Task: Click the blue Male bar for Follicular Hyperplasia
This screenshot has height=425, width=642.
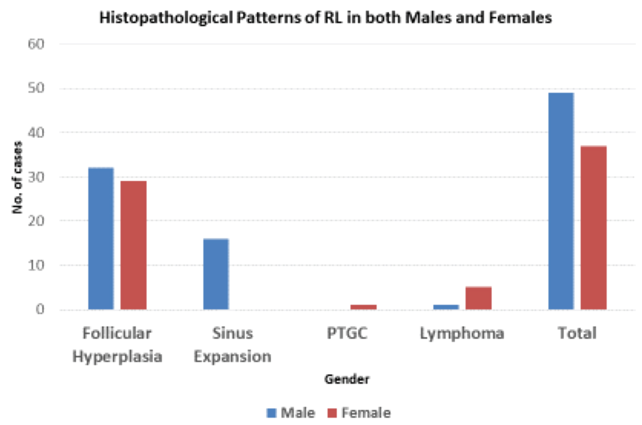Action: pyautogui.click(x=101, y=238)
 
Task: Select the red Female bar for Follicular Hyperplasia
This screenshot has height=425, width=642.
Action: pyautogui.click(x=133, y=245)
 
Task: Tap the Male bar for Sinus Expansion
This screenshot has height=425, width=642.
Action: pyautogui.click(x=216, y=274)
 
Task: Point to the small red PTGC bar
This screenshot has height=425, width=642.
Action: pyautogui.click(x=363, y=307)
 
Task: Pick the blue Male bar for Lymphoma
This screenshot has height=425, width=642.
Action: pyautogui.click(x=446, y=307)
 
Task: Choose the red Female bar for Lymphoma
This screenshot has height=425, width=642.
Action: pyautogui.click(x=479, y=298)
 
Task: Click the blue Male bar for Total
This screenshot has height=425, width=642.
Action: pyautogui.click(x=561, y=201)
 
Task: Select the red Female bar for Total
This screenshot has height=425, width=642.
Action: pyautogui.click(x=593, y=227)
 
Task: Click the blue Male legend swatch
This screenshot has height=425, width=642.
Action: pyautogui.click(x=271, y=413)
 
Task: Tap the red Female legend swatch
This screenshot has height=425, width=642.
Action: pyautogui.click(x=332, y=413)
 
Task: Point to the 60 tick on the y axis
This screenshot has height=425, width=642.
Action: pyautogui.click(x=36, y=44)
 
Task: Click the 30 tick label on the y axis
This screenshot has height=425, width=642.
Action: pyautogui.click(x=36, y=177)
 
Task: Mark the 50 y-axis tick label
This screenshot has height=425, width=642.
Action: pyautogui.click(x=36, y=88)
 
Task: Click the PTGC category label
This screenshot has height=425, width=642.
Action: pyautogui.click(x=347, y=333)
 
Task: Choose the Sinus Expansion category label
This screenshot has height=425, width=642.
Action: pyautogui.click(x=232, y=345)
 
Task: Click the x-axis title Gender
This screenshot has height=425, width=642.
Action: pyautogui.click(x=347, y=379)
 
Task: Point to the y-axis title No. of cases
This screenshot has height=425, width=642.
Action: pyautogui.click(x=17, y=177)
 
